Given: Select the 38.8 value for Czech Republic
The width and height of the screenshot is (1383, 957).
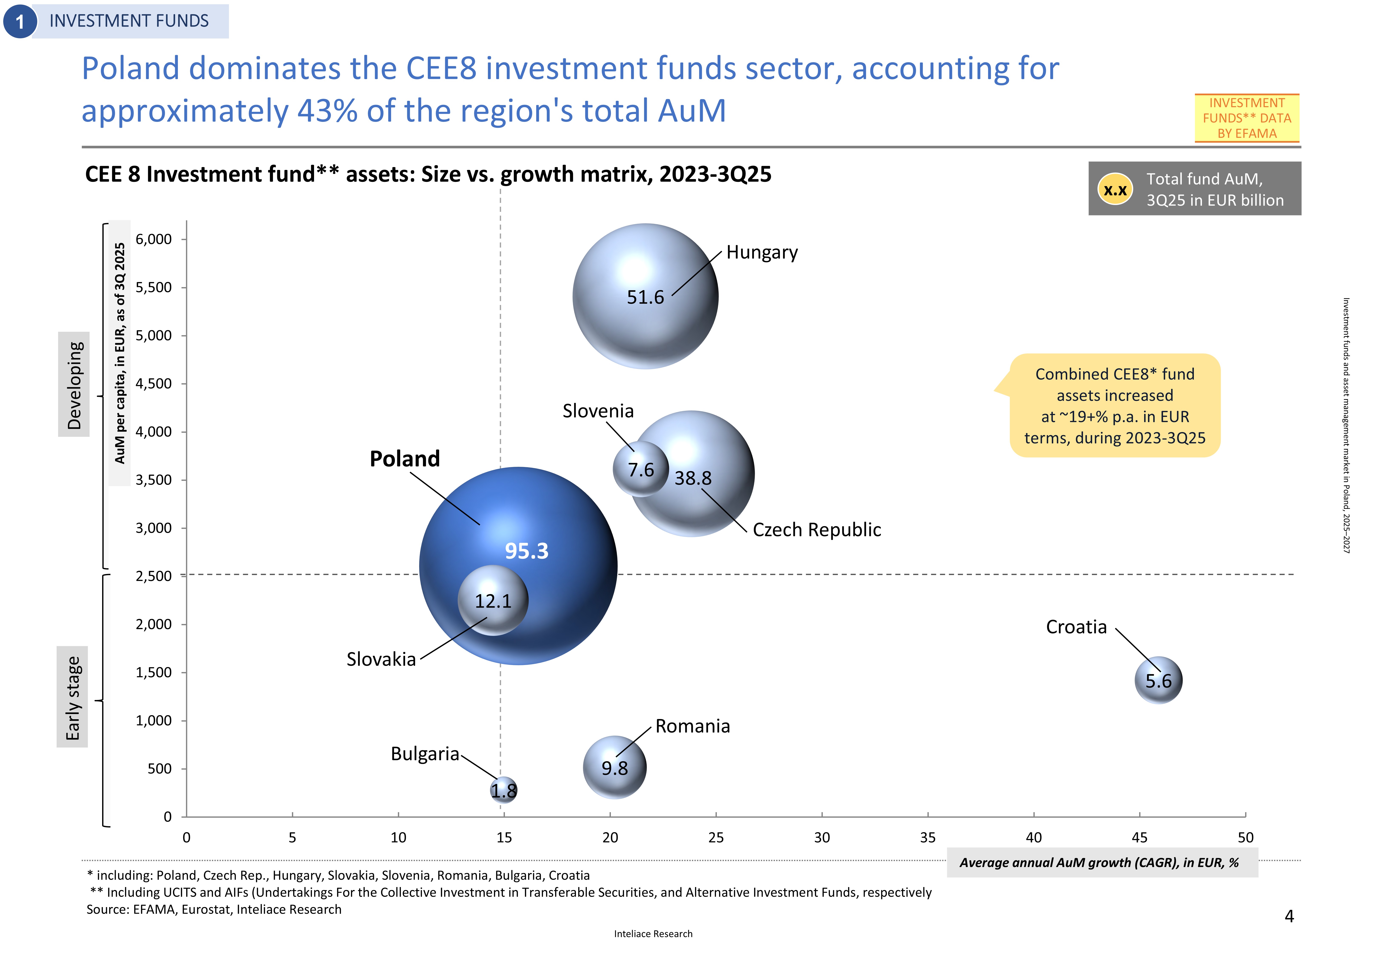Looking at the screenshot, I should [x=693, y=478].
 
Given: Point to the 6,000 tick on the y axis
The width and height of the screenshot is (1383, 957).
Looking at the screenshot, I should [x=154, y=239].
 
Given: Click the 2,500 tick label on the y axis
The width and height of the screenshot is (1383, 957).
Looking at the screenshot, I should [x=154, y=576].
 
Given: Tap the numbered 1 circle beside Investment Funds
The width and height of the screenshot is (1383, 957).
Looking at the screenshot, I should [x=20, y=22].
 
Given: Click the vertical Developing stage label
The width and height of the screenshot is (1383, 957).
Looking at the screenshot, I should [x=74, y=384].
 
